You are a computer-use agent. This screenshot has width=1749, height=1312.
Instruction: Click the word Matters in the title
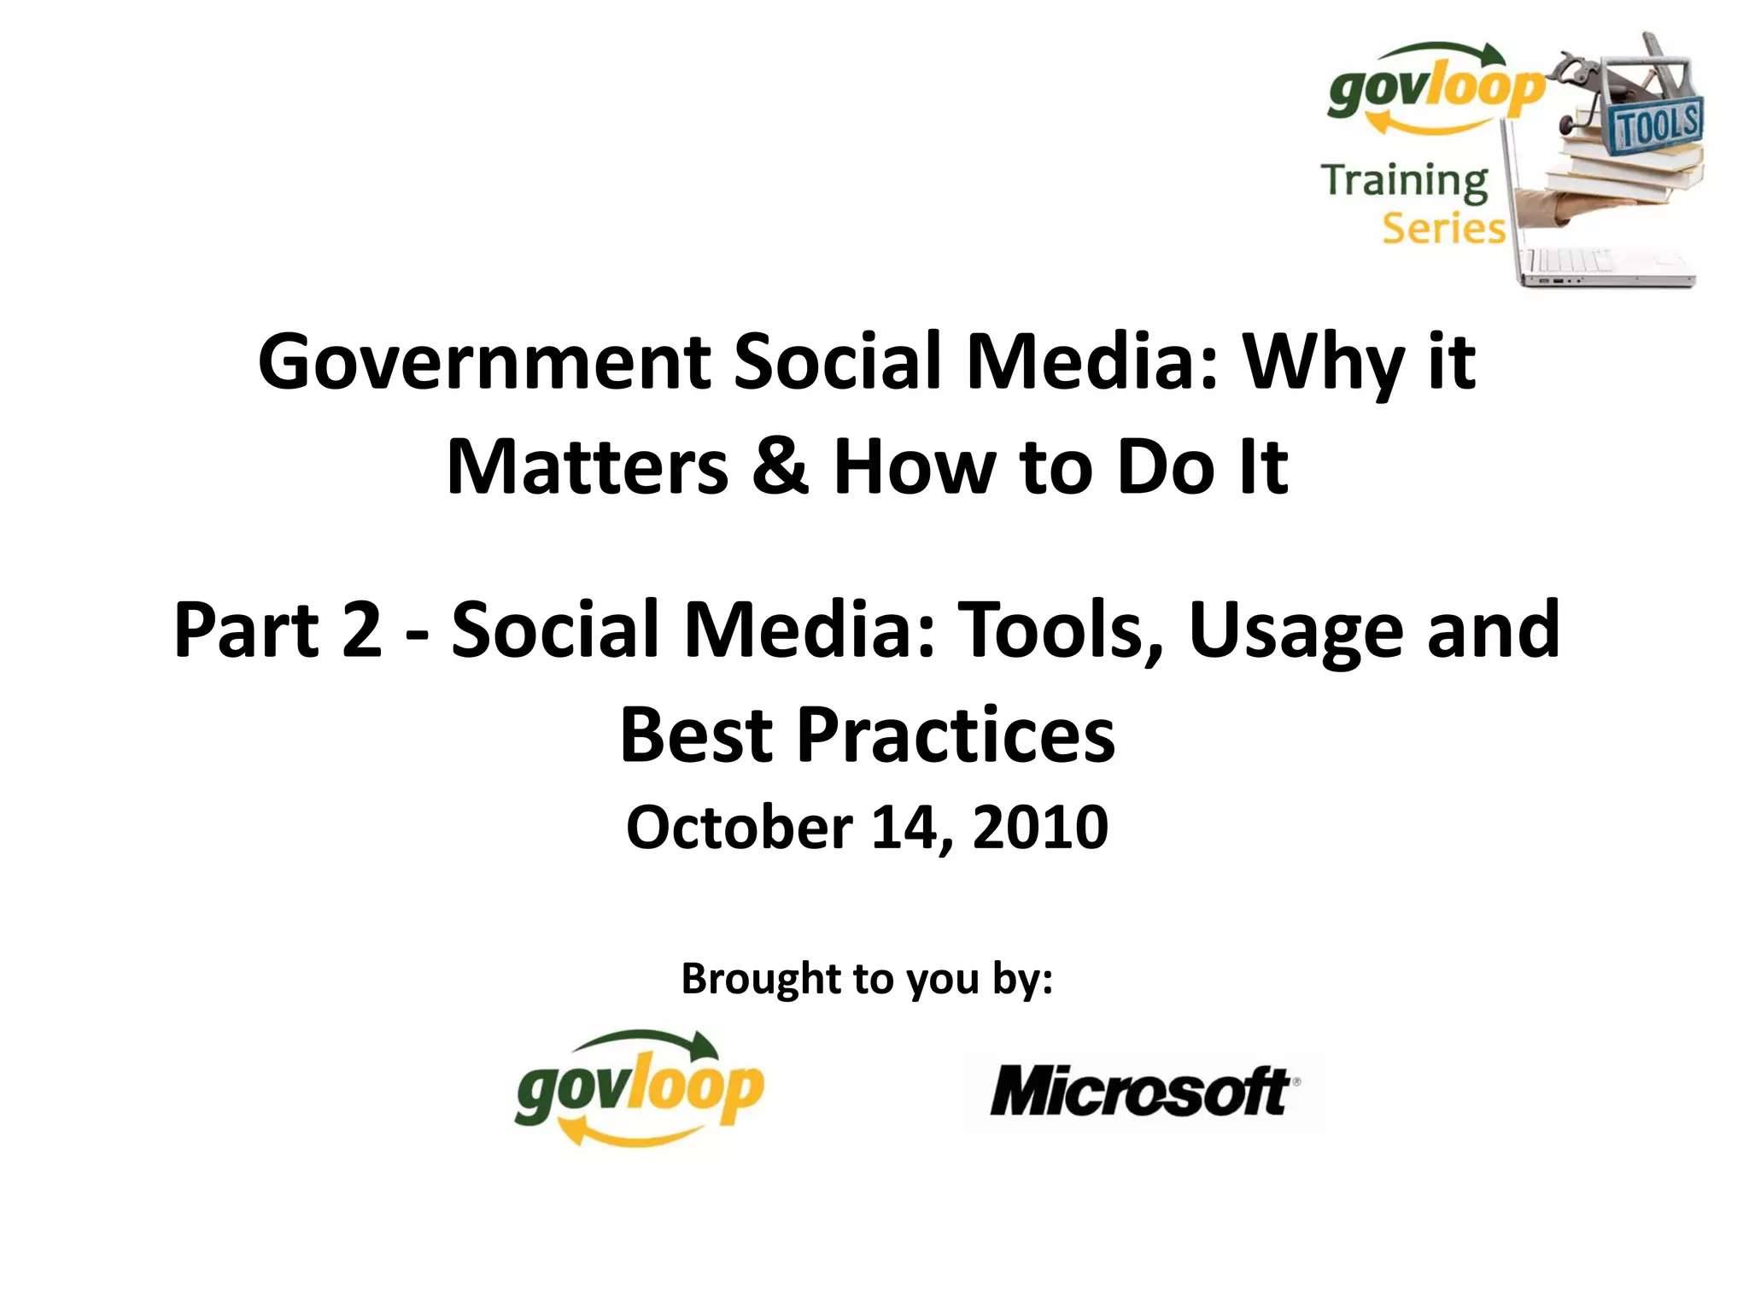pyautogui.click(x=588, y=468)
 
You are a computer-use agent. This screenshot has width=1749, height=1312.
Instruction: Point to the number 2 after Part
pyautogui.click(x=362, y=630)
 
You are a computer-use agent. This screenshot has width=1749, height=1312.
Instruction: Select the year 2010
pyautogui.click(x=1040, y=828)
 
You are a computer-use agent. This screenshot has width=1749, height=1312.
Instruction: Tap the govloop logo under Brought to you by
pyautogui.click(x=639, y=1087)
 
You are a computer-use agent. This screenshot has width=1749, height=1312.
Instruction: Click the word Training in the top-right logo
pyautogui.click(x=1405, y=182)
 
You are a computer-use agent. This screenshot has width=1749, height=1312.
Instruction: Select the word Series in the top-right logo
pyautogui.click(x=1443, y=229)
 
